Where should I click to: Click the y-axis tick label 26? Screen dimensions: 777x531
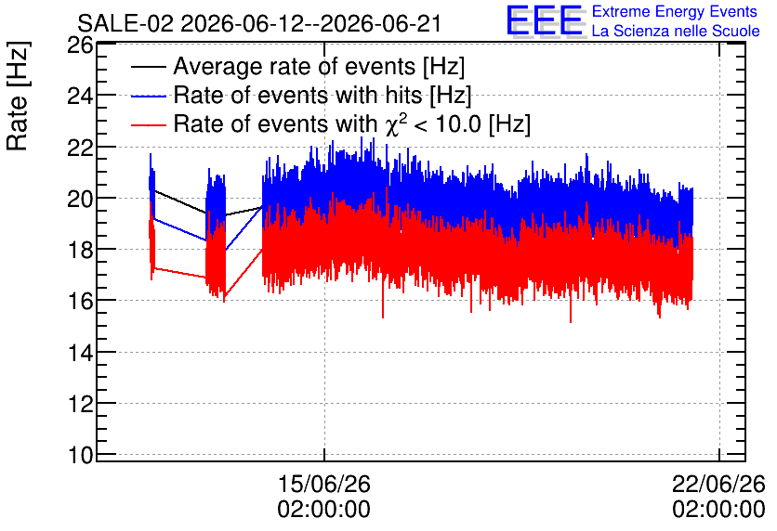point(80,45)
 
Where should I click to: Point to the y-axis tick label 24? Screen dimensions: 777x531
point(80,96)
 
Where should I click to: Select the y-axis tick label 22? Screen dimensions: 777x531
point(80,148)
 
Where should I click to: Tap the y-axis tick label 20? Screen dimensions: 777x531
point(80,199)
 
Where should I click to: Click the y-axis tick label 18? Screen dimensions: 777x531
point(80,250)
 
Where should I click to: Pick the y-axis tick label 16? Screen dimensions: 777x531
point(80,302)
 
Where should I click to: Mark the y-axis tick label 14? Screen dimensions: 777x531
point(80,353)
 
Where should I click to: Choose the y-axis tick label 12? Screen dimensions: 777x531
point(80,404)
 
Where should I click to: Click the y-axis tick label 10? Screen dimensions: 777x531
point(80,455)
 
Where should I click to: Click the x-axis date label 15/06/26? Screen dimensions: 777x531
point(324,484)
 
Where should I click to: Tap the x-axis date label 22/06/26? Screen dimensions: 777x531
point(718,484)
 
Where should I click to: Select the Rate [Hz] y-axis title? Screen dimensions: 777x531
point(18,96)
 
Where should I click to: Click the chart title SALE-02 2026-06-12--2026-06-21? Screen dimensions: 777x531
point(259,23)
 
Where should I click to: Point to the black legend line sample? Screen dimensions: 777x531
point(148,67)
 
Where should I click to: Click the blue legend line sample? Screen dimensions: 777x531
point(148,96)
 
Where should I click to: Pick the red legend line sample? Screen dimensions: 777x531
point(148,124)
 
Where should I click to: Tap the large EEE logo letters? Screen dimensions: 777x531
point(545,20)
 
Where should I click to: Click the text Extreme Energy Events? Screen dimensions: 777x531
point(675,11)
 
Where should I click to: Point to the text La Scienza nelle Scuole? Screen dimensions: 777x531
point(676,31)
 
